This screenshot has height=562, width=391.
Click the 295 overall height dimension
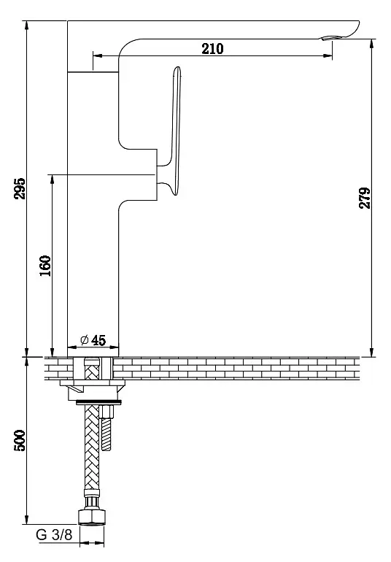[20, 188]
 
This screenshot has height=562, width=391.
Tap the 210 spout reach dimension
[212, 49]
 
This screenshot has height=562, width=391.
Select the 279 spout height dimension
[365, 198]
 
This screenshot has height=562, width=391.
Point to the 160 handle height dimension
[45, 266]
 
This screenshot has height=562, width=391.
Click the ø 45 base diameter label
[93, 340]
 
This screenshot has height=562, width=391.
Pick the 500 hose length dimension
[20, 441]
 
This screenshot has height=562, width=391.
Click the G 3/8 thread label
[54, 535]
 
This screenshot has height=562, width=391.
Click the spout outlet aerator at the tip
[330, 37]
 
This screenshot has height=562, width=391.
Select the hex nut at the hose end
[92, 517]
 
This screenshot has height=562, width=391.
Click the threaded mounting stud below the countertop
[107, 428]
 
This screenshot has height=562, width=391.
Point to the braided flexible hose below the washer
[92, 448]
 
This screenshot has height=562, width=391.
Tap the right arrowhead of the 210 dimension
[328, 55]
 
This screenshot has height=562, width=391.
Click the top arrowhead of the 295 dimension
[26, 26]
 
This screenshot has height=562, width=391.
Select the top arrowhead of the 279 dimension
[372, 44]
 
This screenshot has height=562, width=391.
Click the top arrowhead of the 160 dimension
[53, 180]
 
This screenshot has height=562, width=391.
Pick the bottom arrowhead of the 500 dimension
[26, 520]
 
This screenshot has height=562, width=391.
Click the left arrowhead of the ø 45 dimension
[72, 347]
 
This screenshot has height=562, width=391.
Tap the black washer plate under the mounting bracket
[99, 402]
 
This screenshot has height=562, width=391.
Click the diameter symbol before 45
[84, 339]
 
